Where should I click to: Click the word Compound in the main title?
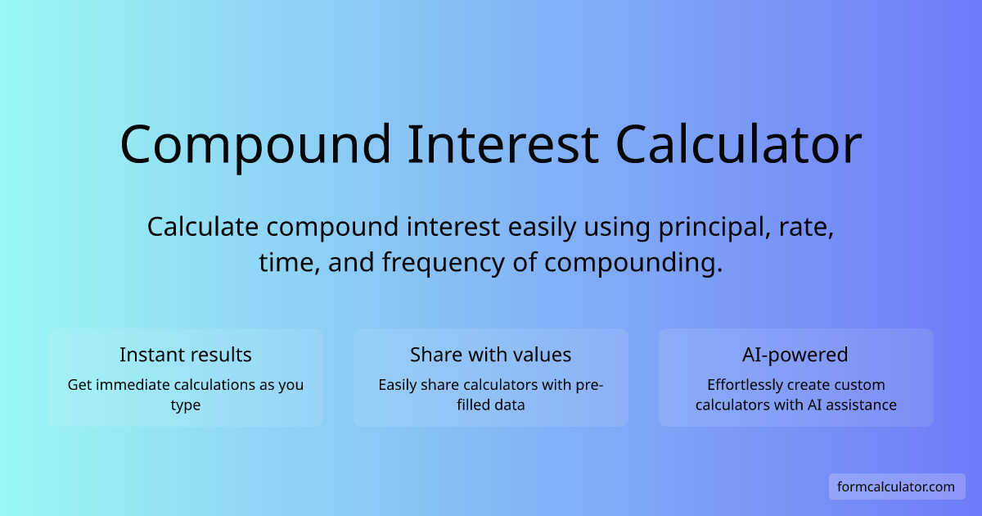pyautogui.click(x=255, y=146)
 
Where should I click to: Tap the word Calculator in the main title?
pyautogui.click(x=739, y=144)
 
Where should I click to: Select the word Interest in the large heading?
pyautogui.click(x=503, y=144)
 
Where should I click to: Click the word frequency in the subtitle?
pyautogui.click(x=444, y=263)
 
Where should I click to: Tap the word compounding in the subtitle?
pyautogui.click(x=633, y=263)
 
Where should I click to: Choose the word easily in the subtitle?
pyautogui.click(x=542, y=228)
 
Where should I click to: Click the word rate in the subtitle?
pyautogui.click(x=806, y=229)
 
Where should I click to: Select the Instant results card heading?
pyautogui.click(x=186, y=355)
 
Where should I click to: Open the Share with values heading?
pyautogui.click(x=490, y=355)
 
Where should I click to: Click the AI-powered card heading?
pyautogui.click(x=795, y=355)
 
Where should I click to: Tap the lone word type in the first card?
pyautogui.click(x=186, y=405)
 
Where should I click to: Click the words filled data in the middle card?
pyautogui.click(x=490, y=405)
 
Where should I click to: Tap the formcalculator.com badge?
pyautogui.click(x=897, y=487)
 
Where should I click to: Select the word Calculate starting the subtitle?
pyautogui.click(x=203, y=228)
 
